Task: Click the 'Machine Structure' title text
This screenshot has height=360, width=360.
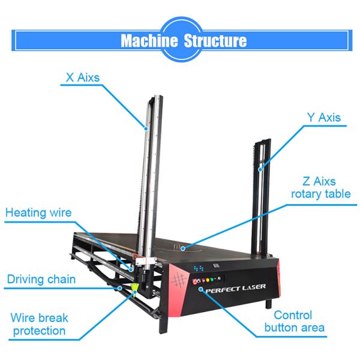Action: (183, 41)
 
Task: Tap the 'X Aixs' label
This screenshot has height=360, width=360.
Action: (83, 77)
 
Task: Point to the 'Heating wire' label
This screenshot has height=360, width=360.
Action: (38, 212)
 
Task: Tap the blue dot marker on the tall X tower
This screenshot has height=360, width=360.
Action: (145, 127)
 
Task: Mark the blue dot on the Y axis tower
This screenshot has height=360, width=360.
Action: (261, 170)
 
